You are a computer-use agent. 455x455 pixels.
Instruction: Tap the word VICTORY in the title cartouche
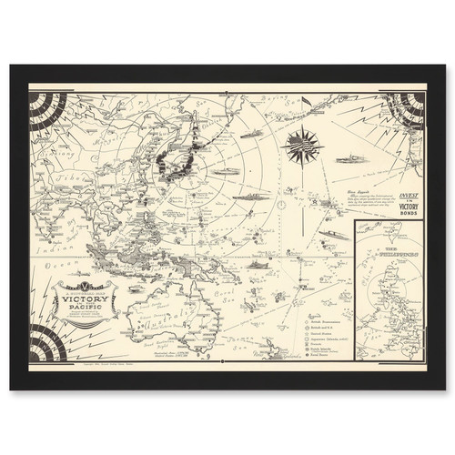pyautogui.click(x=90, y=298)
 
